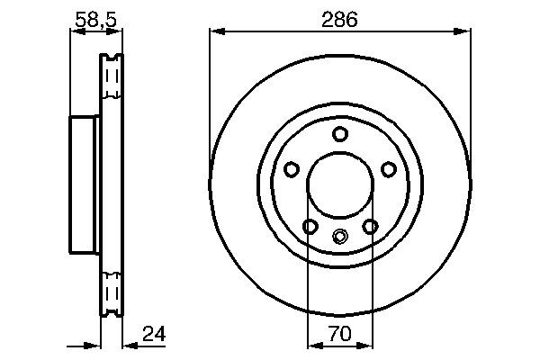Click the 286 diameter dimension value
coord(339,18)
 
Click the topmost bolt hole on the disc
coord(339,135)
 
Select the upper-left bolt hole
coord(291,169)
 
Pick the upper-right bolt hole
coord(389,169)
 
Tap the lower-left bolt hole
coord(310,227)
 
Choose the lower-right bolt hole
coord(370,227)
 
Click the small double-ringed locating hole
coord(339,237)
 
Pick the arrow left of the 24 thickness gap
coord(92,344)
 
